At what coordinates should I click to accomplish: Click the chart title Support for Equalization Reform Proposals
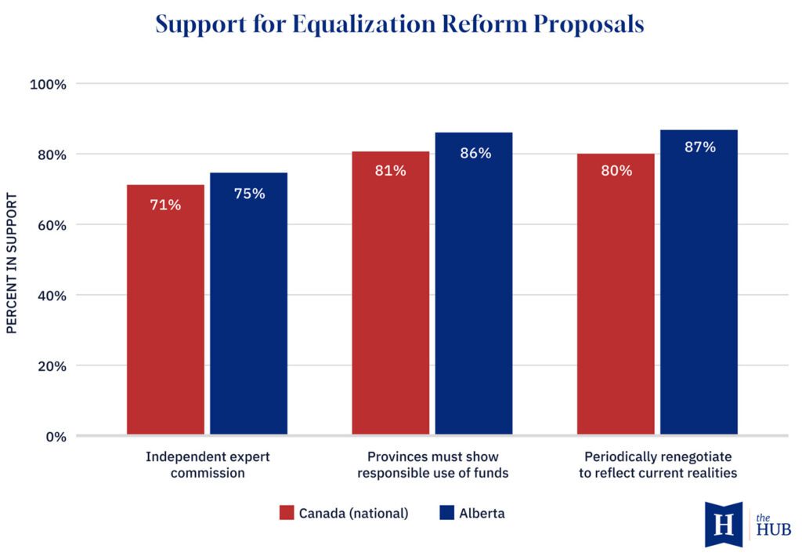(x=399, y=24)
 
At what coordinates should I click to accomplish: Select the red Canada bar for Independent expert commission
(x=165, y=314)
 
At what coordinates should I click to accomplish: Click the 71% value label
(x=165, y=205)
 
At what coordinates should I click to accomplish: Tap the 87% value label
(x=699, y=147)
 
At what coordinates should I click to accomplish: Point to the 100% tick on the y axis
(x=48, y=84)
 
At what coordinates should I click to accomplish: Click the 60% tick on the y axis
(x=51, y=225)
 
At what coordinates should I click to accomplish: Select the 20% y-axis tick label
(x=51, y=366)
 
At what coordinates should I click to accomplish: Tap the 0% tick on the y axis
(x=54, y=437)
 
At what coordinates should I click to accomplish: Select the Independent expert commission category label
(x=208, y=464)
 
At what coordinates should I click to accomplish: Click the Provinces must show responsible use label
(x=432, y=464)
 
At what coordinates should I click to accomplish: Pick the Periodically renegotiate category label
(x=658, y=464)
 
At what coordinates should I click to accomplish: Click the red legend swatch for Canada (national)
(x=287, y=514)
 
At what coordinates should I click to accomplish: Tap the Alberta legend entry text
(x=482, y=514)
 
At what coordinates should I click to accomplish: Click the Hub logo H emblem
(x=724, y=524)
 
